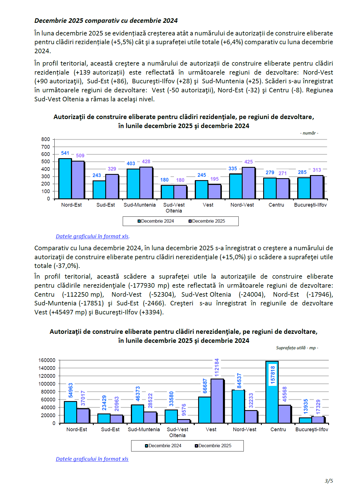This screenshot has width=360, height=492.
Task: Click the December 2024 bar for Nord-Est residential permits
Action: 65,179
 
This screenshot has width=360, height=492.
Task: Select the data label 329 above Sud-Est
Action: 112,169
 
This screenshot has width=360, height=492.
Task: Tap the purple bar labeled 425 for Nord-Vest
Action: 248,183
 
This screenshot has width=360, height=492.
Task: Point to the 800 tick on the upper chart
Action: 45,139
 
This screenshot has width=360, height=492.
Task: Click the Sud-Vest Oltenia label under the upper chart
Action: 174,208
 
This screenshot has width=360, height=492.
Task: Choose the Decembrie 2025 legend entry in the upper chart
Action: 207,221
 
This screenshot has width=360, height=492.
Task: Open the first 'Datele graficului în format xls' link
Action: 92,236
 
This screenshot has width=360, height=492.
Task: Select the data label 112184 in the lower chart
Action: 216,367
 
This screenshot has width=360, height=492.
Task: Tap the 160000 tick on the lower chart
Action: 47,360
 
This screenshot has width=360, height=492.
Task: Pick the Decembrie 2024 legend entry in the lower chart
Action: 163,446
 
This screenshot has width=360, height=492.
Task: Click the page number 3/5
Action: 329,481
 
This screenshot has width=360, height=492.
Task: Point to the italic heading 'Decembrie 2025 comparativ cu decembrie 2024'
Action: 106,21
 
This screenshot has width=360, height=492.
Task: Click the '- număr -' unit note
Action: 309,133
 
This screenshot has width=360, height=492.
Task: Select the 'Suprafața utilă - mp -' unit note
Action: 297,348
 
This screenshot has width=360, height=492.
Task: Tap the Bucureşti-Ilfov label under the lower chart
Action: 312,430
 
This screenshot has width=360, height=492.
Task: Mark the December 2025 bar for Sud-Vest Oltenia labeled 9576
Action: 184,421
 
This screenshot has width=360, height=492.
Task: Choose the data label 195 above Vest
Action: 214,179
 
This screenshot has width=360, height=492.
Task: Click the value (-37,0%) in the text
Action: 68,266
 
